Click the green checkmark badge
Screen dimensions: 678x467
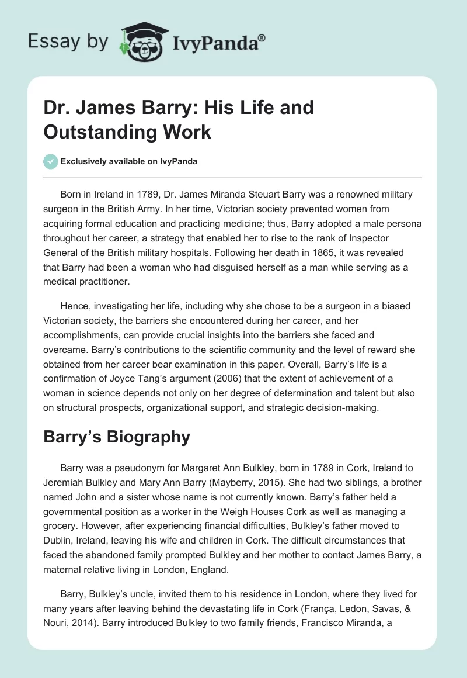coord(50,161)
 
